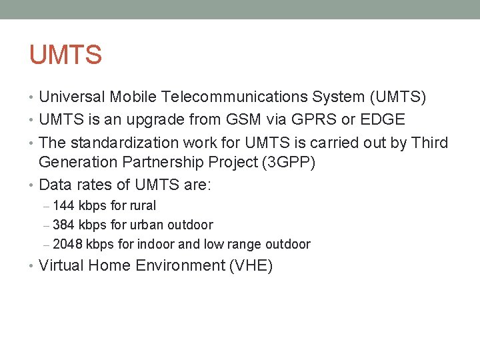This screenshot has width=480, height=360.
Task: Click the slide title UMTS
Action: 65,55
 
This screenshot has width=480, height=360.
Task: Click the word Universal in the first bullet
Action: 72,97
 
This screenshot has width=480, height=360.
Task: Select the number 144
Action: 63,206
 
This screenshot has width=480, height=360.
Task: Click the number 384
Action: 63,225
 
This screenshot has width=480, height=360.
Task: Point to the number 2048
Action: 67,245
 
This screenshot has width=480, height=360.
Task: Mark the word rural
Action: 142,206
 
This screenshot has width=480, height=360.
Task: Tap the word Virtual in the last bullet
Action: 61,266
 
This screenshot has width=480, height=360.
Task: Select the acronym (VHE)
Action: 251,266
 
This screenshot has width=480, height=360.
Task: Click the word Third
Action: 431,143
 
